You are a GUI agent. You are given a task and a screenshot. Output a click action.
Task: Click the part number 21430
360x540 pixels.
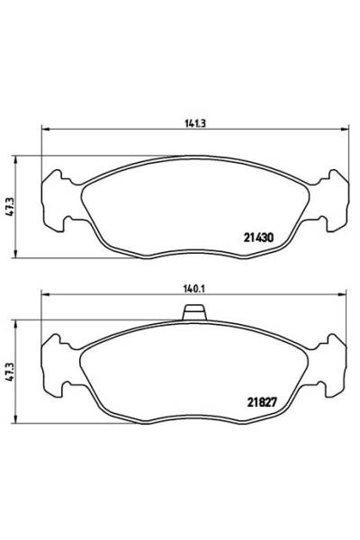(258, 238)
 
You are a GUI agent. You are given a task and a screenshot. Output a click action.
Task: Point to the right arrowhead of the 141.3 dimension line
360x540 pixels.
(346, 131)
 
